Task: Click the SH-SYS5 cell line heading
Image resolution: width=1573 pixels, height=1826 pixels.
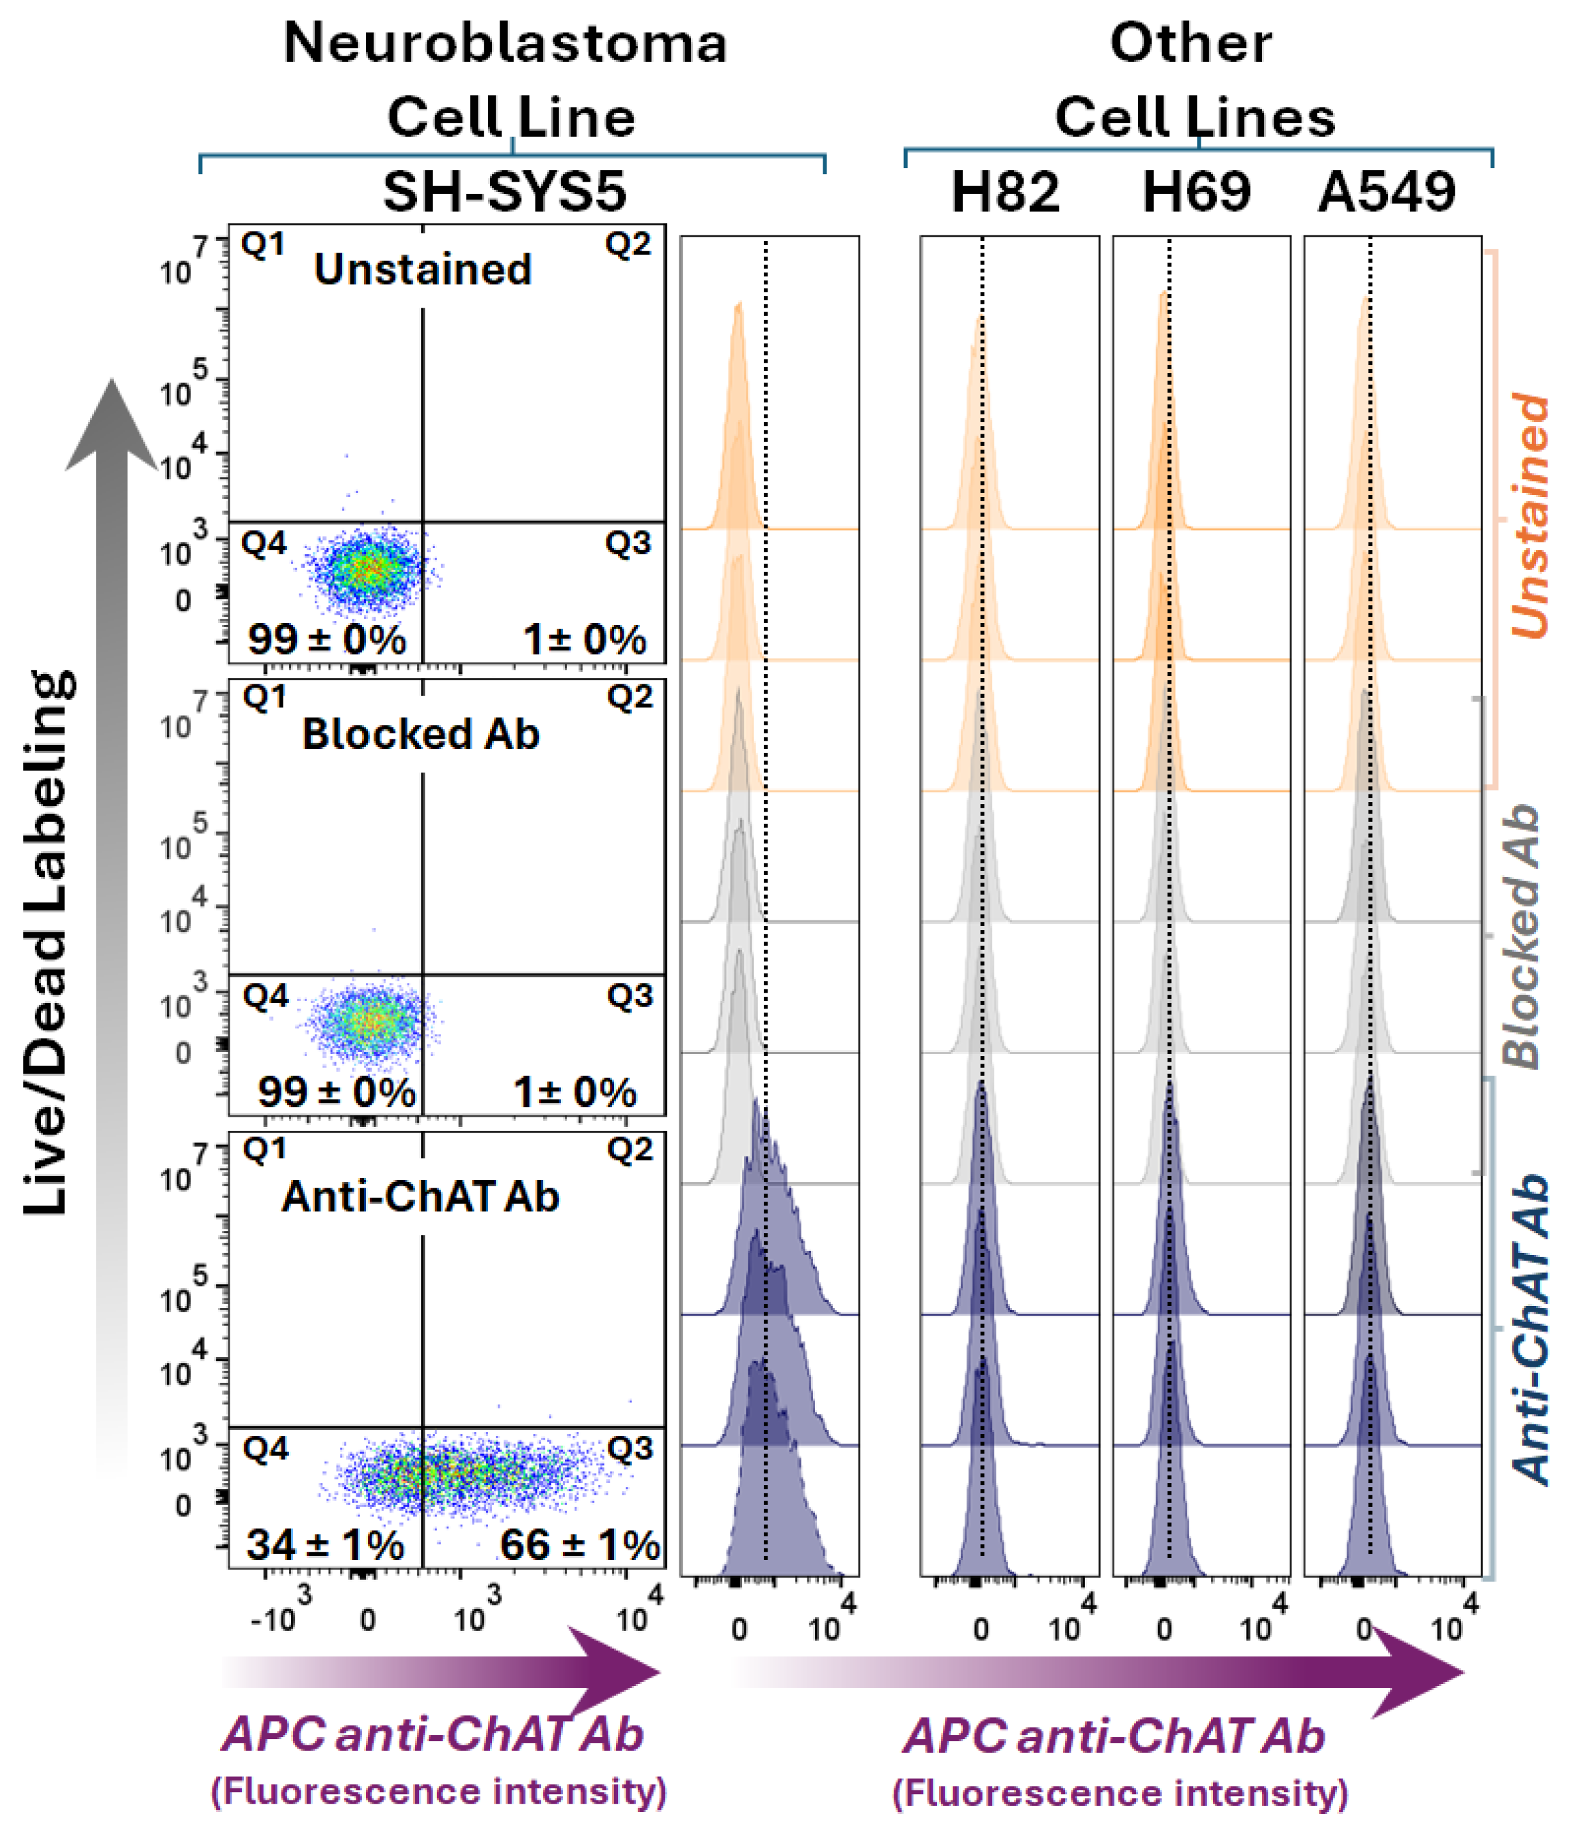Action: [x=504, y=191]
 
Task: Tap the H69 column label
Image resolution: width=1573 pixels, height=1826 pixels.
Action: [x=1196, y=191]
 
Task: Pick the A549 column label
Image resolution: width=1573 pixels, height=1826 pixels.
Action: [x=1386, y=191]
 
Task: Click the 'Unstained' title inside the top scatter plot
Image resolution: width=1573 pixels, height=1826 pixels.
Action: [x=422, y=269]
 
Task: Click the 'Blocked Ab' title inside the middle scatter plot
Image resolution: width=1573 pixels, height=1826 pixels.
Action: [x=420, y=734]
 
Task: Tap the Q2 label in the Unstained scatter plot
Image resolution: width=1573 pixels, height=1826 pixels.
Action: [x=628, y=245]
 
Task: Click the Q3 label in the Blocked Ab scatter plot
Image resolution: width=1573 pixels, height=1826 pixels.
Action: [x=629, y=996]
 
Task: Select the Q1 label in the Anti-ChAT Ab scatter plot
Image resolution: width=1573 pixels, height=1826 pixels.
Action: [x=264, y=1150]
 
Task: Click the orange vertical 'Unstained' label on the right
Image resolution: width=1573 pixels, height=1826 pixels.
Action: [x=1530, y=516]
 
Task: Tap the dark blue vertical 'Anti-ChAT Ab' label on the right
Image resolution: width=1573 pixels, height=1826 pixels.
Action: [x=1530, y=1331]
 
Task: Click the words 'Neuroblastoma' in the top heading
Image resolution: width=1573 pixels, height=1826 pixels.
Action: [x=505, y=43]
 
